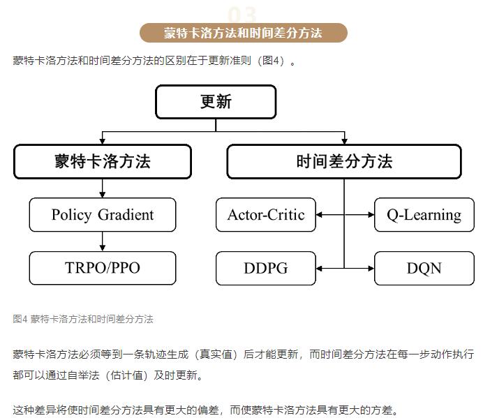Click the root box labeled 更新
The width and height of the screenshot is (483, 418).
point(216,102)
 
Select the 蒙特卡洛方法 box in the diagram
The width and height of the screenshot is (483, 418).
point(103,161)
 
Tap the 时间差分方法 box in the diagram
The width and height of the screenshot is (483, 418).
point(344,161)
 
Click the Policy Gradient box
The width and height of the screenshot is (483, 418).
point(103,215)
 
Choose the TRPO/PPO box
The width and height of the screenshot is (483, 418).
point(103,268)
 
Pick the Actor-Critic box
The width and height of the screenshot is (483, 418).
point(266,215)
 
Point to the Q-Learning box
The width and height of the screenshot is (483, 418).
point(424,215)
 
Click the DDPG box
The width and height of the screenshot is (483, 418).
point(266,268)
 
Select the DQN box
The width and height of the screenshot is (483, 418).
point(424,268)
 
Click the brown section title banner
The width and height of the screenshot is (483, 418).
point(244,33)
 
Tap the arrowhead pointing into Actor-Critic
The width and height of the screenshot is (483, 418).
point(319,215)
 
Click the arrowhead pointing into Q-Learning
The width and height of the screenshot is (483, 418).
point(371,215)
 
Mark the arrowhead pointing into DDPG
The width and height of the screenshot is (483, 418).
point(319,269)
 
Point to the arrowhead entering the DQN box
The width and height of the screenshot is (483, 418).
point(371,269)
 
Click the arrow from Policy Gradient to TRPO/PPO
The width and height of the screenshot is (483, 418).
point(103,241)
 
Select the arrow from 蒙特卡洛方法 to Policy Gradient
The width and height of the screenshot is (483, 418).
point(103,188)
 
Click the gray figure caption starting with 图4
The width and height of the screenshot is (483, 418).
point(83,319)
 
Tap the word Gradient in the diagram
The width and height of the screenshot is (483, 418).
point(126,215)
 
